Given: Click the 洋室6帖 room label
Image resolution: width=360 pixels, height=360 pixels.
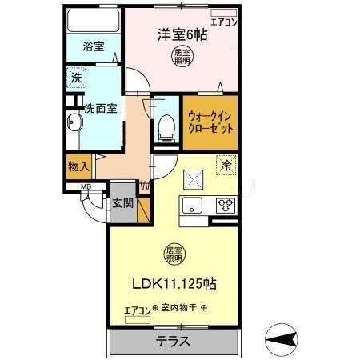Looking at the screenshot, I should click(x=182, y=34).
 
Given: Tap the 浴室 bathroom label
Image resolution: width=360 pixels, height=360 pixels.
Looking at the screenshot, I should click(x=93, y=47).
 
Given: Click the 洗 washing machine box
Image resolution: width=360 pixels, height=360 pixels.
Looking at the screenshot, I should click(x=77, y=78).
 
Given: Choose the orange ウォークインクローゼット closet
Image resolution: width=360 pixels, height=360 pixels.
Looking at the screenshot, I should click(x=212, y=122).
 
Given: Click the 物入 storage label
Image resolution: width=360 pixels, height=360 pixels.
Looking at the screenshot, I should click(x=78, y=167).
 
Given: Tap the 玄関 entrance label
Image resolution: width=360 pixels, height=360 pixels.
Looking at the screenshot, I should click(x=122, y=203).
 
